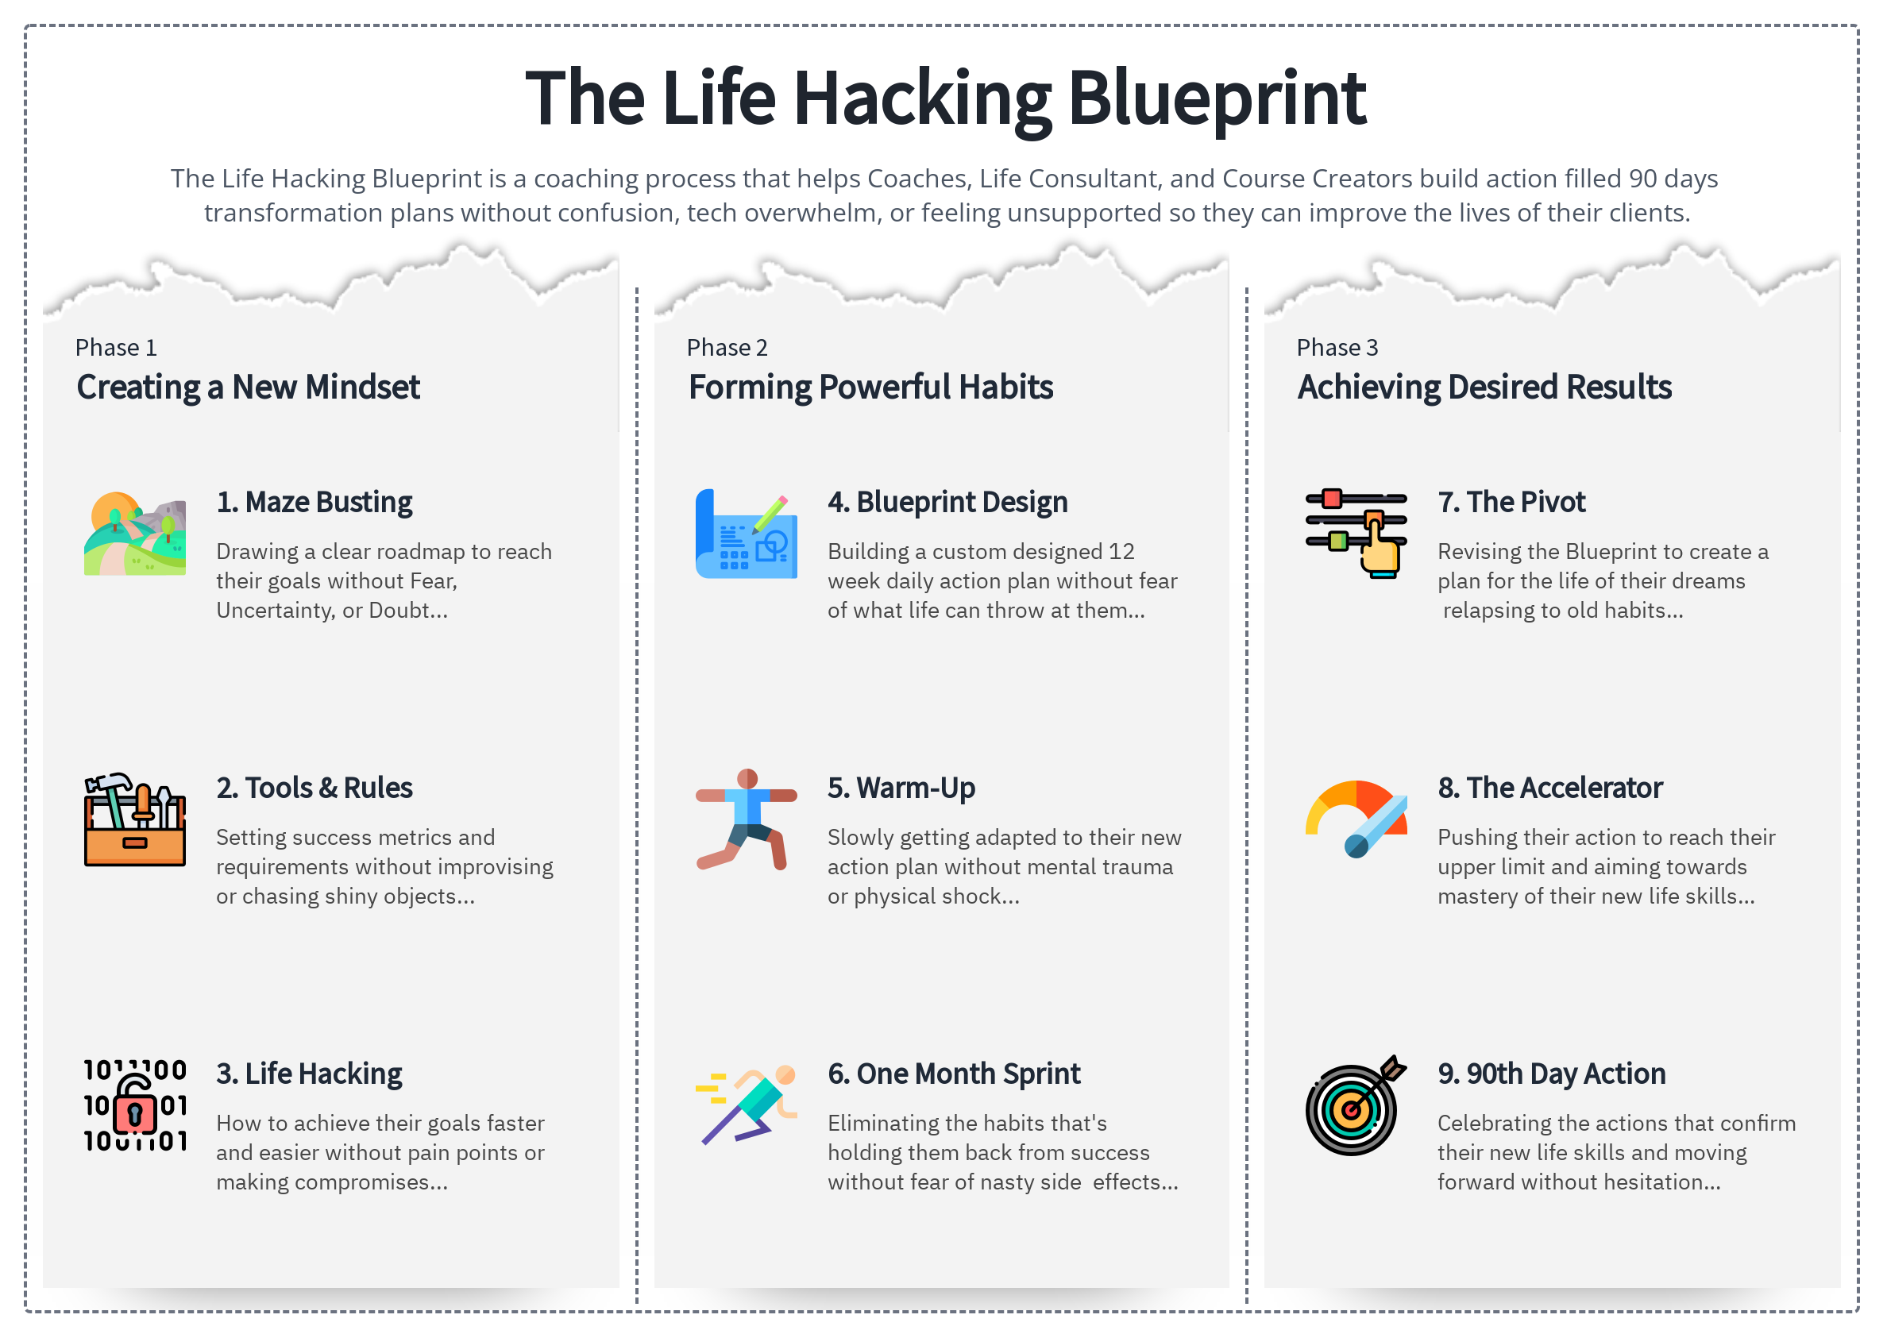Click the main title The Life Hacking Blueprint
pos(944,98)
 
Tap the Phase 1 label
pos(116,348)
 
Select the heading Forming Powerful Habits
pos(870,387)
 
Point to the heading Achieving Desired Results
pos(1484,387)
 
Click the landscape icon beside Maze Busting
pos(135,534)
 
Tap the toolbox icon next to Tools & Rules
pos(135,819)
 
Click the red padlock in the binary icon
pos(135,1114)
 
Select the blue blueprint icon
pos(746,535)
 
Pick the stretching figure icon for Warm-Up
pos(746,819)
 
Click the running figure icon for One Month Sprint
pos(746,1105)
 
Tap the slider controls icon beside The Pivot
pos(1356,534)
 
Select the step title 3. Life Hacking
pos(309,1074)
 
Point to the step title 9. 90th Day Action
pos(1551,1074)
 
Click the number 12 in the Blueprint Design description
pos(1121,552)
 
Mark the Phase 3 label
pos(1337,348)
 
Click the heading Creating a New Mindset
pos(249,387)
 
